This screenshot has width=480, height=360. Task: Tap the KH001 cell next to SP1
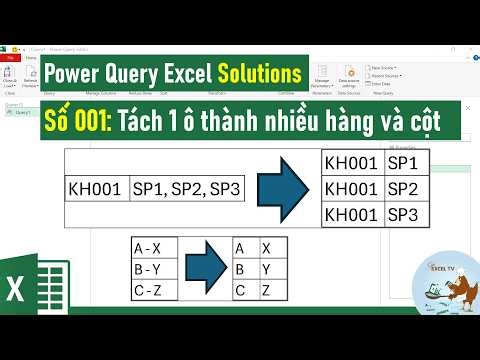click(x=352, y=162)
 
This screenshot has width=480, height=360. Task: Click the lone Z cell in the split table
click(x=267, y=290)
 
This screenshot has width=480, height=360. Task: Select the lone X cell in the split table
click(x=267, y=248)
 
